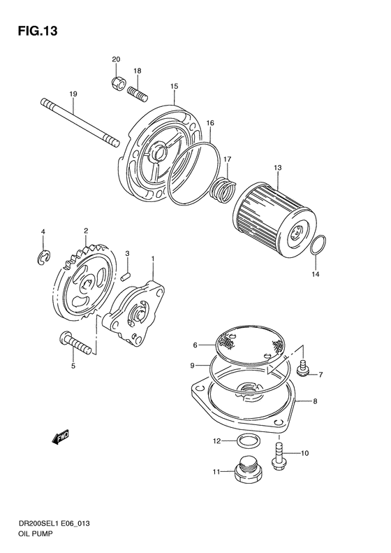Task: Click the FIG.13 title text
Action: pos(34,31)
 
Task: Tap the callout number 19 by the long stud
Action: pos(72,94)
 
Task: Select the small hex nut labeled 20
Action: pos(117,85)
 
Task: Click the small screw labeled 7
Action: pos(303,366)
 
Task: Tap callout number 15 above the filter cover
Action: pos(174,86)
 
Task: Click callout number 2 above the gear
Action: pos(85,230)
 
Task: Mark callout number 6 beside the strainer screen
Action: pos(195,345)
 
